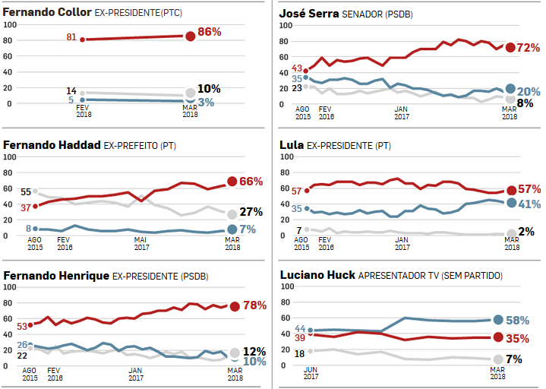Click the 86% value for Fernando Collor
click(x=210, y=32)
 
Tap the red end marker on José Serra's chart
click(x=511, y=47)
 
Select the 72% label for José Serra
click(x=529, y=48)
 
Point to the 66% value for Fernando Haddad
click(x=251, y=182)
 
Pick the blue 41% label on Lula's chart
click(x=529, y=204)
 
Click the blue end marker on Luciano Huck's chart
click(x=499, y=320)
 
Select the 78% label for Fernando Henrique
click(x=253, y=305)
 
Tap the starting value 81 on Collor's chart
click(x=72, y=38)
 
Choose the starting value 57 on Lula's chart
click(x=296, y=191)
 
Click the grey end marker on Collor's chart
click(x=190, y=94)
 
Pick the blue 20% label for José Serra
click(x=529, y=91)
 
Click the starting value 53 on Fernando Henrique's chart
click(x=22, y=326)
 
